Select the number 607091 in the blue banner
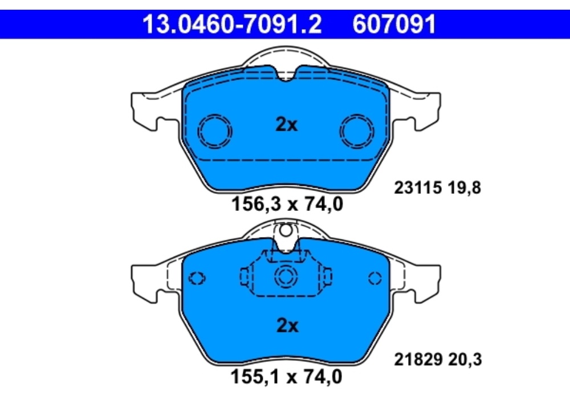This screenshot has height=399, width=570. (x=394, y=25)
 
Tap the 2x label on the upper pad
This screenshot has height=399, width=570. (x=287, y=125)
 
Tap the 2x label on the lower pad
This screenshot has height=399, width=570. (x=287, y=325)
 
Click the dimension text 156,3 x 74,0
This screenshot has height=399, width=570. (x=287, y=203)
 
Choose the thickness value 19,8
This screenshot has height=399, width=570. (x=466, y=187)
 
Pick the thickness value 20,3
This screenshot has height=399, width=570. (x=466, y=360)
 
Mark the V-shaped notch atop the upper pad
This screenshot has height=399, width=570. (x=287, y=74)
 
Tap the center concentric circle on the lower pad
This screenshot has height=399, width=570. (x=286, y=278)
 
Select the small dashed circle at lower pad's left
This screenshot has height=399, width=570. (x=197, y=278)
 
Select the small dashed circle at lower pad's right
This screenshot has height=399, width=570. (x=374, y=278)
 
